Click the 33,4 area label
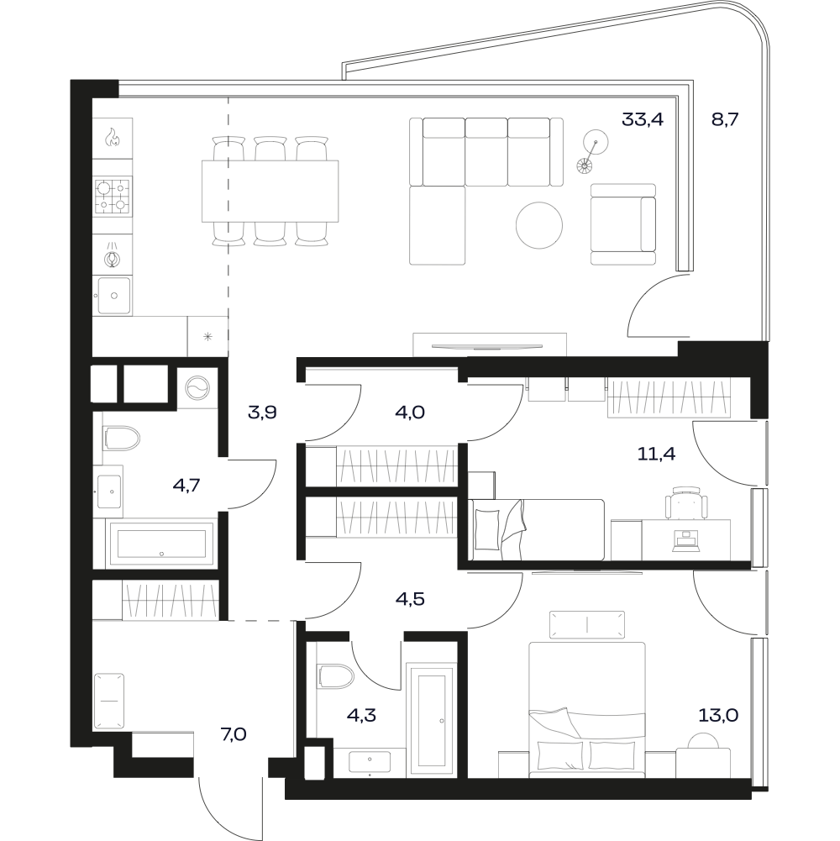pos(642,119)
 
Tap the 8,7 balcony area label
pos(725,119)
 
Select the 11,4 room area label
pos(656,454)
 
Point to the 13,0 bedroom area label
pos(717,714)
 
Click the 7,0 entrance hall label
pos(234,733)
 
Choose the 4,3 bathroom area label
pos(362,714)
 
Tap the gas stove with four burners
pos(113,197)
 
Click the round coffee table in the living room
pos(539,225)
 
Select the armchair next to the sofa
pos(623,224)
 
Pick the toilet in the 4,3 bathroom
pos(335,677)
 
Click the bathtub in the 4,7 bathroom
pos(161,544)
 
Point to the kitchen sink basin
pos(114,295)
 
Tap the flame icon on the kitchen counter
pos(112,137)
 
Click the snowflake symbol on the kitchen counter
pos(207,337)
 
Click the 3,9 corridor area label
pos(262,413)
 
